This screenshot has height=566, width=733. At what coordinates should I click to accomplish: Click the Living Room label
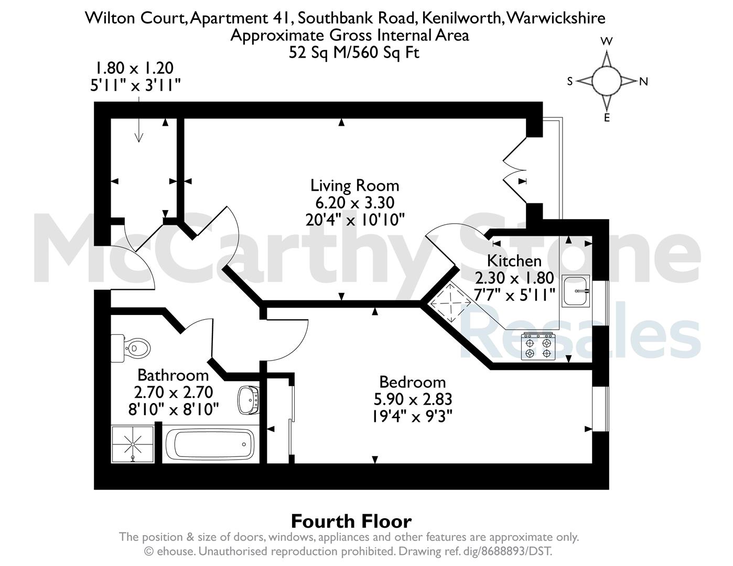(354, 186)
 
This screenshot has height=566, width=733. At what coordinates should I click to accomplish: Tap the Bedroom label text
(413, 382)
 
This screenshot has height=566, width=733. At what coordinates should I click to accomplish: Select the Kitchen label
(514, 261)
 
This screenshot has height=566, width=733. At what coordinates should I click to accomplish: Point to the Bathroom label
(173, 375)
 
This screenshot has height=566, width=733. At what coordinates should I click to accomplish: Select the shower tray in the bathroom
(132, 444)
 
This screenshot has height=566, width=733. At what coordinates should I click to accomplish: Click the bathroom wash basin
(249, 400)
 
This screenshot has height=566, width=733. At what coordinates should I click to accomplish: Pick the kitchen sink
(576, 290)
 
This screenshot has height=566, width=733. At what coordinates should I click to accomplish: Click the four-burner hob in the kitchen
(538, 346)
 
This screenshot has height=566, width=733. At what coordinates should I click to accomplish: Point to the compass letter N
(644, 82)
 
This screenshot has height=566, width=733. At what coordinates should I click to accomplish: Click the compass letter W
(607, 41)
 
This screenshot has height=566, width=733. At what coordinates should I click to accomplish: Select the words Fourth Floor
(351, 521)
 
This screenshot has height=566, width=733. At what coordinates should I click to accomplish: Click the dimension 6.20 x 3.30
(354, 203)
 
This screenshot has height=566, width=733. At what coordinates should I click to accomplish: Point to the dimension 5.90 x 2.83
(413, 399)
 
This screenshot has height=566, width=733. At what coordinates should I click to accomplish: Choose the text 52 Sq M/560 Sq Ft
(354, 52)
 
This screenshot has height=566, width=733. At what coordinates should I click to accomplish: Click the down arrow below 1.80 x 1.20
(138, 119)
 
